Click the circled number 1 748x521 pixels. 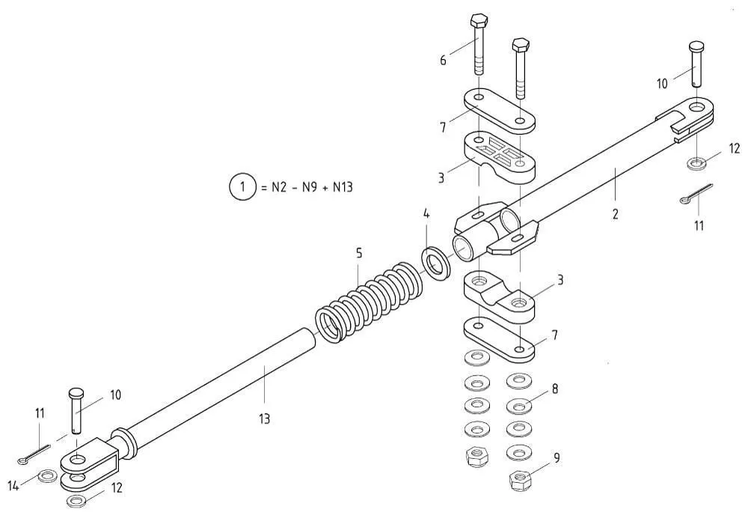(x=243, y=186)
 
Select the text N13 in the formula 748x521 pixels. (x=343, y=186)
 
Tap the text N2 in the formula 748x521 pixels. (x=278, y=186)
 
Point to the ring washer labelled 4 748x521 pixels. (x=435, y=263)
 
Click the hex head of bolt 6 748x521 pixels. (x=479, y=22)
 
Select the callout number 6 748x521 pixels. (x=443, y=61)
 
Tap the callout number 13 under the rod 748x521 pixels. (x=264, y=418)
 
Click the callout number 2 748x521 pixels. (x=616, y=214)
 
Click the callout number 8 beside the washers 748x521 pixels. (x=555, y=389)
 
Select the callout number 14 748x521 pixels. (x=13, y=486)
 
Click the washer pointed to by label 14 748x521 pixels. (x=46, y=475)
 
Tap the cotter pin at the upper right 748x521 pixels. (x=696, y=194)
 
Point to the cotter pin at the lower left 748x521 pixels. (x=34, y=454)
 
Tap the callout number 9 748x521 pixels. (x=557, y=458)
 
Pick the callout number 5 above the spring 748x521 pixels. (x=359, y=253)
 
